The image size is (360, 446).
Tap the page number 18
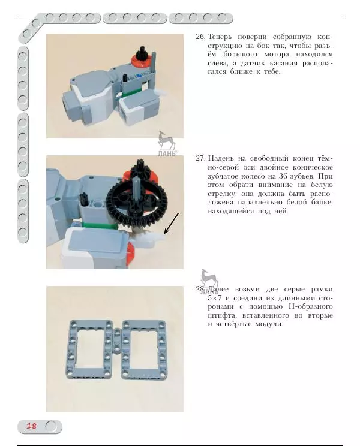[31, 426]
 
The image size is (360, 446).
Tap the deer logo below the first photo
[166, 141]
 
